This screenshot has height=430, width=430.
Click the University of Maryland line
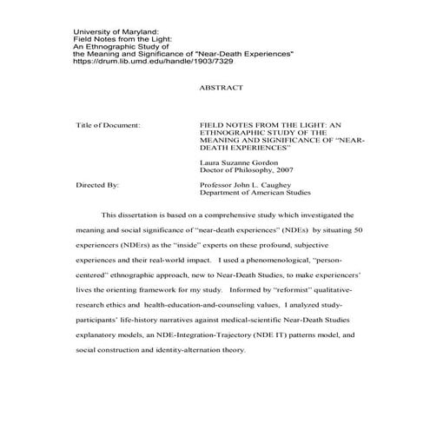(116, 31)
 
